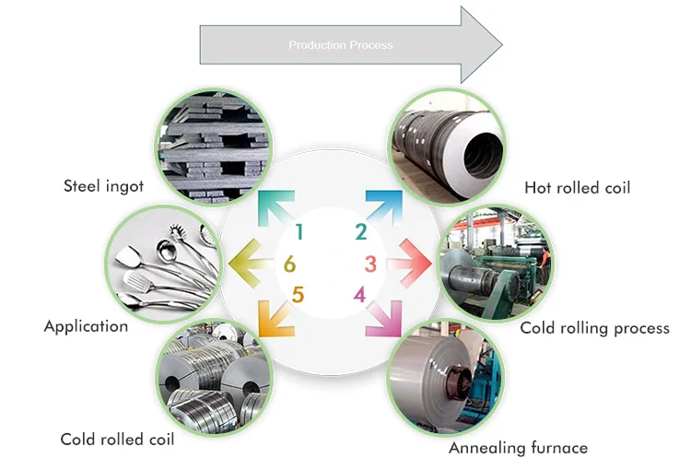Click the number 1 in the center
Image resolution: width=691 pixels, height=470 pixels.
click(299, 232)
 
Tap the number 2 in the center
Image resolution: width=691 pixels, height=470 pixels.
click(361, 232)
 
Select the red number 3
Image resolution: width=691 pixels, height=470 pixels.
click(370, 264)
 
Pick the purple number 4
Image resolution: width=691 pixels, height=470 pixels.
click(360, 295)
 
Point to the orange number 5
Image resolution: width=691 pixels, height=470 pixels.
click(298, 295)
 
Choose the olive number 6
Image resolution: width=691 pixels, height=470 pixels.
click(289, 265)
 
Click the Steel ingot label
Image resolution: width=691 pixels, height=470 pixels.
click(104, 186)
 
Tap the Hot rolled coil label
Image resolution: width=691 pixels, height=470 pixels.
click(578, 188)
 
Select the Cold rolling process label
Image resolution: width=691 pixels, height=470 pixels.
click(594, 327)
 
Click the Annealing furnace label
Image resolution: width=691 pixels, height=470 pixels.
click(518, 448)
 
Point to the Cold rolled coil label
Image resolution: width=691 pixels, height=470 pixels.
click(117, 439)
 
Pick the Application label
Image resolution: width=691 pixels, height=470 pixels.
click(86, 325)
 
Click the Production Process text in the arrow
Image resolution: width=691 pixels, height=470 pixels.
click(341, 45)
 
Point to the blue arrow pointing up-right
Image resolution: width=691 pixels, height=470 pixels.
click(383, 209)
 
